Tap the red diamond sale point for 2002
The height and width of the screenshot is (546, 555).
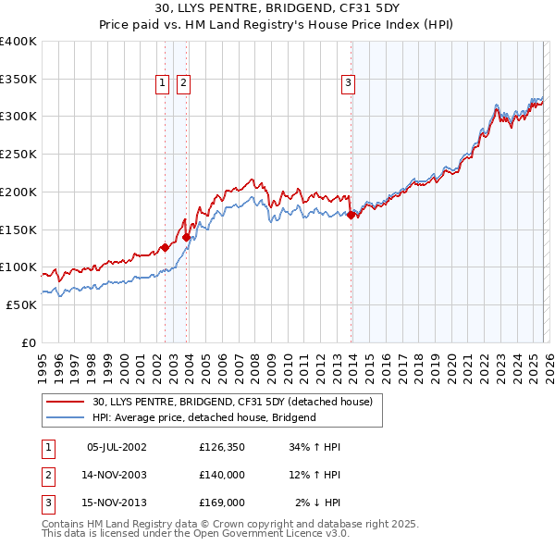coord(165,247)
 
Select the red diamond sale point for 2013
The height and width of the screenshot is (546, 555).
coord(351,215)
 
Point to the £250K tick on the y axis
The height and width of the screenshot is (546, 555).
coord(18,154)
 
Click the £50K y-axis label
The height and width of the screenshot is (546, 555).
coord(22,304)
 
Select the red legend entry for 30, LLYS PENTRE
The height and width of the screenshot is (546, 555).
coord(232,402)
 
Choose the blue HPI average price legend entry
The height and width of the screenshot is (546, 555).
coord(204,417)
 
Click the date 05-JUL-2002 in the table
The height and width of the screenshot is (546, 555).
coord(116,447)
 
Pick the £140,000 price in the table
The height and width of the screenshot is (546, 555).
coord(221,475)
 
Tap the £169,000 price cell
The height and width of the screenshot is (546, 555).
coord(221,503)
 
